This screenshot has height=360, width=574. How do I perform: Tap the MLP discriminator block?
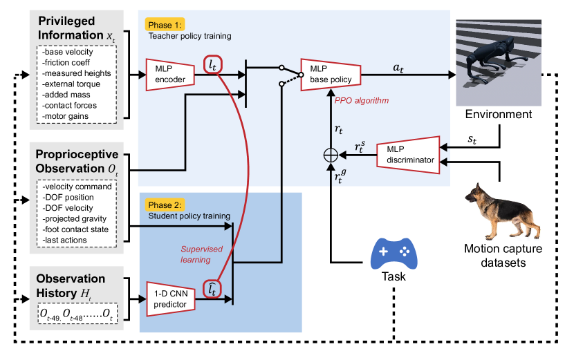pyautogui.click(x=408, y=154)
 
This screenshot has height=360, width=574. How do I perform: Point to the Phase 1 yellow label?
pyautogui.click(x=164, y=24)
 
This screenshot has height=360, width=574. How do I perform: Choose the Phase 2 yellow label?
pyautogui.click(x=164, y=205)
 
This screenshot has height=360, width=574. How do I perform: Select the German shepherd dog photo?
pyautogui.click(x=499, y=211)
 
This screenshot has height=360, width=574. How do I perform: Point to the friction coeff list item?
pyautogui.click(x=72, y=62)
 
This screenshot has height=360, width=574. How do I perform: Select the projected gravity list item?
pyautogui.click(x=75, y=218)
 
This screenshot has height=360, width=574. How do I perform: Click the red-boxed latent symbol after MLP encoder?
pyautogui.click(x=214, y=64)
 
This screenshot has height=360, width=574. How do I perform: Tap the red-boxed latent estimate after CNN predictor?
pyautogui.click(x=214, y=292)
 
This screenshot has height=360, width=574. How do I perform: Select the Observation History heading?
pyautogui.click(x=71, y=285)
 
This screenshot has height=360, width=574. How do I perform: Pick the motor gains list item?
pyautogui.click(x=70, y=116)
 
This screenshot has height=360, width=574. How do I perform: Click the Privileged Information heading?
pyautogui.click(x=71, y=28)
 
